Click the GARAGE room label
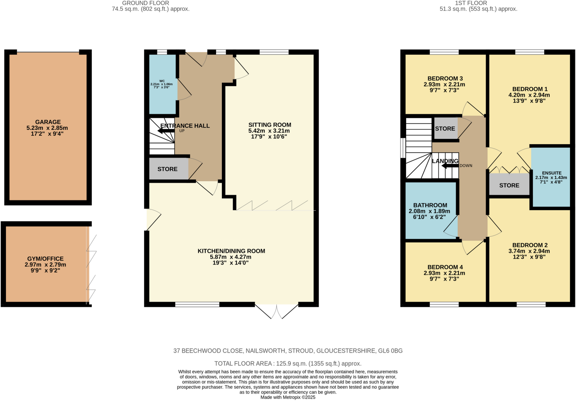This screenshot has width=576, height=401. pos(48,122)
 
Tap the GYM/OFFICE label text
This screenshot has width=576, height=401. pos(45,259)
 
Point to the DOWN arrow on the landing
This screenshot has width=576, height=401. pos(450,166)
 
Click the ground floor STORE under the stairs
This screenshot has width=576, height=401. pos(167,169)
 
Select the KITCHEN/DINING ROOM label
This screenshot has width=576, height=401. pos(231,251)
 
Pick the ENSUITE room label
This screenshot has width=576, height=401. pos(552,173)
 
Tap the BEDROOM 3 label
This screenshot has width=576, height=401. pos(445,78)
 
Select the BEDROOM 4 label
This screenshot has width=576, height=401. pos(445,267)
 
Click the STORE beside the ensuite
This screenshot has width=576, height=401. pos(509,185)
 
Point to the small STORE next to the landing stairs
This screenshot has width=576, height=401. pos(445,129)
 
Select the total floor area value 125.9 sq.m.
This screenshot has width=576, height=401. pos(291,364)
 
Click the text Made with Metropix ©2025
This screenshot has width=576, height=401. pos(288,397)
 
